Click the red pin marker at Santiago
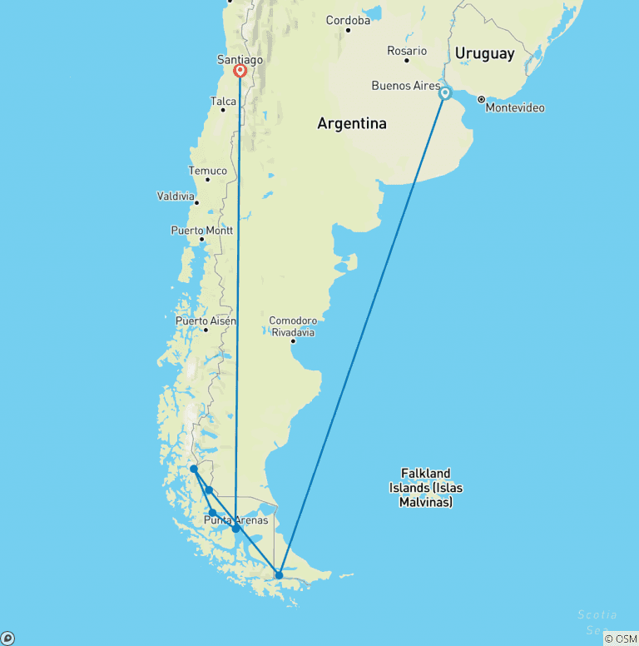(x=240, y=71)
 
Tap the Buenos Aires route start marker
(x=445, y=93)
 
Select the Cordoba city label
(x=348, y=20)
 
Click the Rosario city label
(x=407, y=52)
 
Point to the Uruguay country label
(x=484, y=54)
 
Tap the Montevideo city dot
(x=481, y=99)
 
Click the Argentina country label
(x=352, y=124)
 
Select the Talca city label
(x=224, y=102)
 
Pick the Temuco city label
(x=207, y=171)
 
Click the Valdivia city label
(x=176, y=196)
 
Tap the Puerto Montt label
(x=201, y=231)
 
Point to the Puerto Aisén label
(x=206, y=321)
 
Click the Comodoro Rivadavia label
(x=293, y=325)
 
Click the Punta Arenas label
(x=236, y=520)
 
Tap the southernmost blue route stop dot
(x=279, y=575)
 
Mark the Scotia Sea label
(x=597, y=621)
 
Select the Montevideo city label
(x=515, y=108)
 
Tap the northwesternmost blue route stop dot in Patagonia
(x=194, y=469)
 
